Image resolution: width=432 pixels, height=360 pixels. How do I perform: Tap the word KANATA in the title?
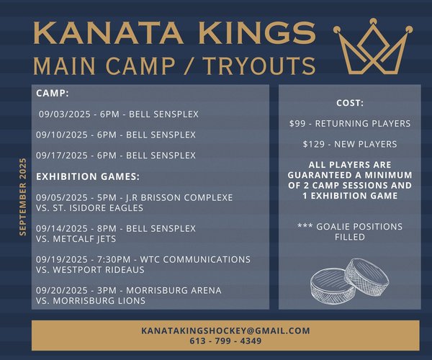[x=108, y=33]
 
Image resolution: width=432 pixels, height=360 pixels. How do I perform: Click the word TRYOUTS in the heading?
[x=260, y=66]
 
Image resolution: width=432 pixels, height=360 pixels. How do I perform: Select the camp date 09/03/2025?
[x=65, y=114]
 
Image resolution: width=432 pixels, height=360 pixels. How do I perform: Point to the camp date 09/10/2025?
[x=62, y=135]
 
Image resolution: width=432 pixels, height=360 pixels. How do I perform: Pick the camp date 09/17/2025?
[x=62, y=156]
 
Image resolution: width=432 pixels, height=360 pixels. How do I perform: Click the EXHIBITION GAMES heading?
[x=88, y=176]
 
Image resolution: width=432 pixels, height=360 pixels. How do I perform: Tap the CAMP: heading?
[x=53, y=93]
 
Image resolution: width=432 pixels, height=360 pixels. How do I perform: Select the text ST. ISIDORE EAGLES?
[x=98, y=207]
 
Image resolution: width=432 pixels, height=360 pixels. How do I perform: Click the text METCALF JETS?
[x=84, y=239]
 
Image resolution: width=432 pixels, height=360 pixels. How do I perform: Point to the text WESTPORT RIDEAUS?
[x=99, y=270]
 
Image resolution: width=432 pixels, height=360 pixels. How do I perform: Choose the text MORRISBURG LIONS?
[x=99, y=300]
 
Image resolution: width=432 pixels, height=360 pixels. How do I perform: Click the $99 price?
[x=297, y=123]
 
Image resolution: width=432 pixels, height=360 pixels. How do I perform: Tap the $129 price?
[x=314, y=144]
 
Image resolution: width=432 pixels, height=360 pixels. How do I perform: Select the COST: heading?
[x=350, y=103]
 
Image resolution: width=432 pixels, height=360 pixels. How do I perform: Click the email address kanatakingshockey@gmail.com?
[x=225, y=330]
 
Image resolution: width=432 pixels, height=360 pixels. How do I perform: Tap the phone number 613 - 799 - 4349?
[x=225, y=341]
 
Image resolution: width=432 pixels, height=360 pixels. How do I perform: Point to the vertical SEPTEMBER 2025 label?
[x=23, y=197]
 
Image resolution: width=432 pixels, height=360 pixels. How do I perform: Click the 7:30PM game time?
[x=114, y=259]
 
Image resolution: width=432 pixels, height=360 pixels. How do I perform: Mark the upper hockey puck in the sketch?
[x=367, y=276]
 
